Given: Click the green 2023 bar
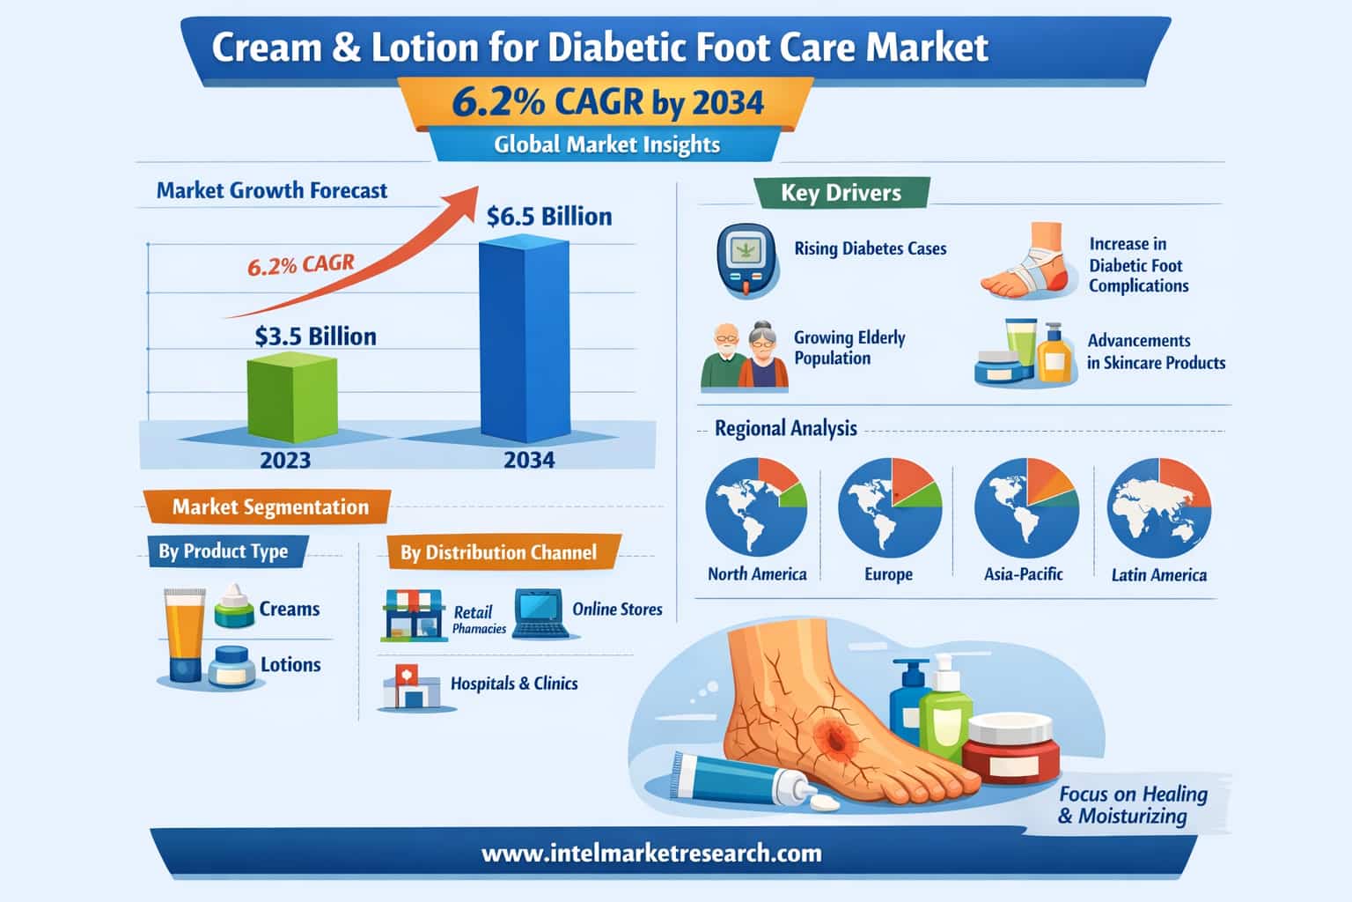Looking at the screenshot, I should point(291,398).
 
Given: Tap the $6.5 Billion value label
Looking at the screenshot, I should point(549,217).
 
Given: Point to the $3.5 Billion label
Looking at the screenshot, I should point(315,336).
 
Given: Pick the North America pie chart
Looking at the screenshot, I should point(756,507).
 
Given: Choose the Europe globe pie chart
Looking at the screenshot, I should point(889,507).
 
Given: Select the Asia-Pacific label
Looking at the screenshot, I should point(1023,574).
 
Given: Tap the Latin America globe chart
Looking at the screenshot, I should point(1158,507).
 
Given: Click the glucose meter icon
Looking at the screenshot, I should point(745,260).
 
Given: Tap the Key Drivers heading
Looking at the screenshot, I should point(841,193).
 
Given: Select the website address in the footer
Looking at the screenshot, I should point(651,853).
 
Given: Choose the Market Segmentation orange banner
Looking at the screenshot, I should point(269,506).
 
